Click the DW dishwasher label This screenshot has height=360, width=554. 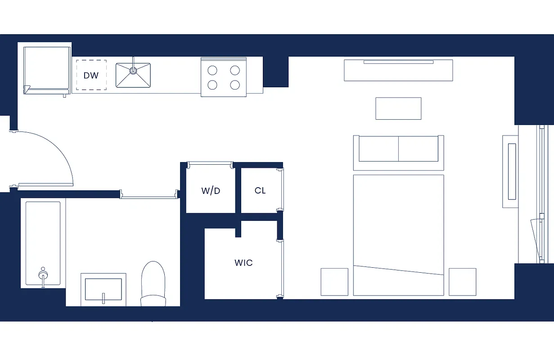point(91,75)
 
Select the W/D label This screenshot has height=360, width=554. point(211,191)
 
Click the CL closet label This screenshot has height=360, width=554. point(260,190)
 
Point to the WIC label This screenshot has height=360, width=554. point(243,263)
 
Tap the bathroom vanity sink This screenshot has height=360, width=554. point(104,289)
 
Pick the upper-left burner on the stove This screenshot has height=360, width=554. point(212,70)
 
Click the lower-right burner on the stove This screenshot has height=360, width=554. point(235,85)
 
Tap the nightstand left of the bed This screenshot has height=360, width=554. point(334,282)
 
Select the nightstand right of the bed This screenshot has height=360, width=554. point(462,282)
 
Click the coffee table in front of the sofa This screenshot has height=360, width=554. point(398,108)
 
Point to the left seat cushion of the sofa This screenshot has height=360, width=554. point(378,148)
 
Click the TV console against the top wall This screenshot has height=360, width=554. point(398,70)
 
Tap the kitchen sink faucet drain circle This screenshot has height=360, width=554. point(133,70)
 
